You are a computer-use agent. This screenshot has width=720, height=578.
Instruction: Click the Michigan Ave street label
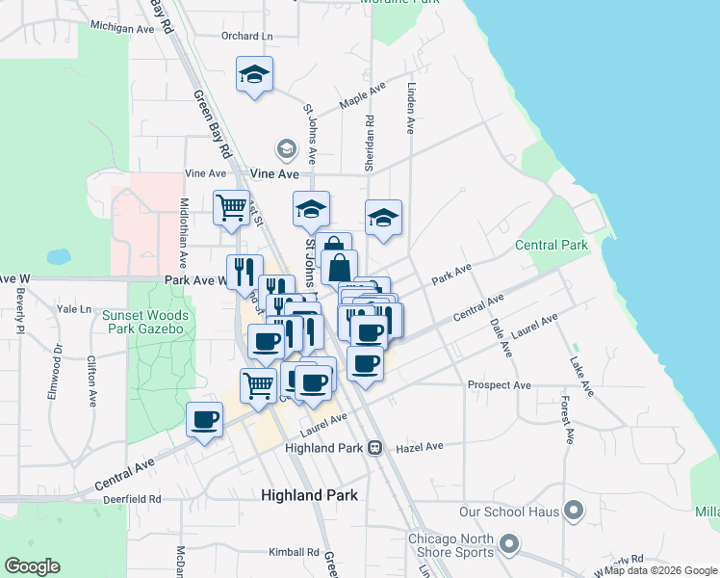122,29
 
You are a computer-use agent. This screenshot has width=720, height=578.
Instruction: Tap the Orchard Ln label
246,36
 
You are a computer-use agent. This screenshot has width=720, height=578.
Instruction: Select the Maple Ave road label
362,96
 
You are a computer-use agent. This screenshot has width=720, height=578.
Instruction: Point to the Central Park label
552,245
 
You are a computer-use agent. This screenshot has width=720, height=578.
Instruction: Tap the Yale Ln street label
73,309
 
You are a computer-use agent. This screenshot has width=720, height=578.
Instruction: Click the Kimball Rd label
294,552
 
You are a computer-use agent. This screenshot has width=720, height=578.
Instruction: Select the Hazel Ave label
419,447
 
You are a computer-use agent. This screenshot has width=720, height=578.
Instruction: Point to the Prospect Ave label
499,385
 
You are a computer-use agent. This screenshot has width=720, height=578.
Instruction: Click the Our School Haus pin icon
575,510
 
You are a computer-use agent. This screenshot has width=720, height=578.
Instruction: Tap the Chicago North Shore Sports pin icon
509,546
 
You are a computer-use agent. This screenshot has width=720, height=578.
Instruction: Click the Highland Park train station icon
375,447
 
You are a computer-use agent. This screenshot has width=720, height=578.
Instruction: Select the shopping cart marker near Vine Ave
231,206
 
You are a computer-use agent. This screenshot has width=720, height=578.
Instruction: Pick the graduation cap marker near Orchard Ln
254,73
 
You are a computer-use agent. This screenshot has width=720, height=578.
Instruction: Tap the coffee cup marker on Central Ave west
204,419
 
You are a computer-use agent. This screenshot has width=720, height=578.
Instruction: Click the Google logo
33,566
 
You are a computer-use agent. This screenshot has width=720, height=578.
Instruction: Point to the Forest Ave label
569,422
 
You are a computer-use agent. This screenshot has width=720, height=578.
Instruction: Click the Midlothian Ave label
183,234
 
